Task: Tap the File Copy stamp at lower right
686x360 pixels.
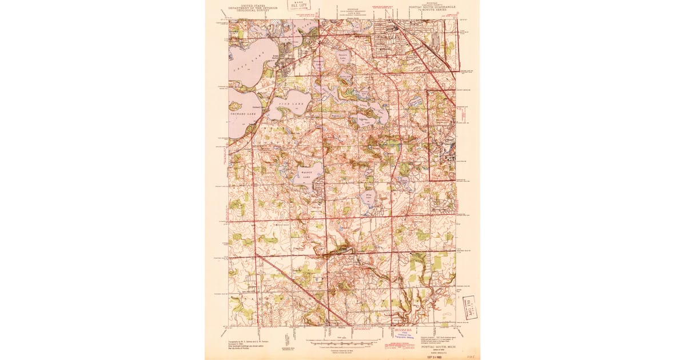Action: coord(470,307)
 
